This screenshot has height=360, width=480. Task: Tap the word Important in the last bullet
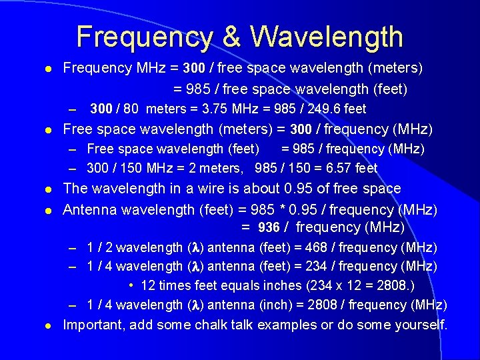(92, 325)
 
